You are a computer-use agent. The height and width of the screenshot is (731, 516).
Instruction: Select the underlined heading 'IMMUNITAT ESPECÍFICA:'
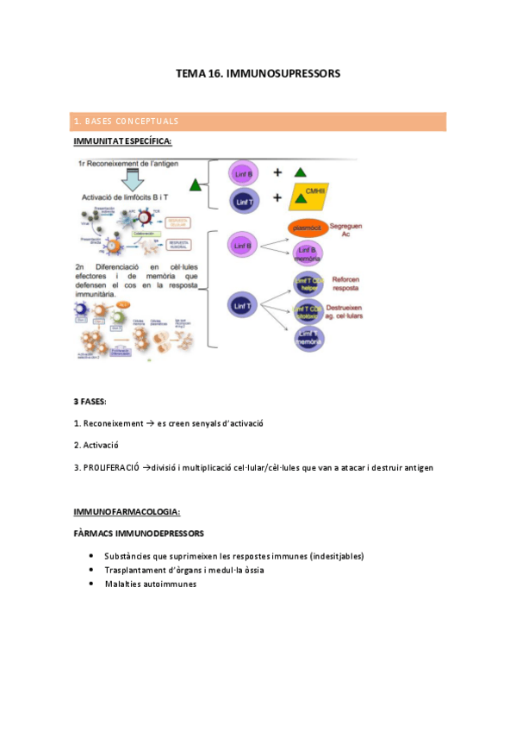(x=122, y=141)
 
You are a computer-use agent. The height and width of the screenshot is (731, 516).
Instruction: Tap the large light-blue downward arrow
(x=134, y=179)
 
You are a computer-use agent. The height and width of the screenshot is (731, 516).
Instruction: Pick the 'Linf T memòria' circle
(x=308, y=337)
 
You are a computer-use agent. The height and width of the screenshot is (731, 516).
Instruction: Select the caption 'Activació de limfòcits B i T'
(x=130, y=198)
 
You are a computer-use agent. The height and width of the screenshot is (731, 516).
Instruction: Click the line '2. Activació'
(x=96, y=445)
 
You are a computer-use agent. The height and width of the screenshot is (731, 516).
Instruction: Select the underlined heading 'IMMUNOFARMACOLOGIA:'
(x=127, y=512)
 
